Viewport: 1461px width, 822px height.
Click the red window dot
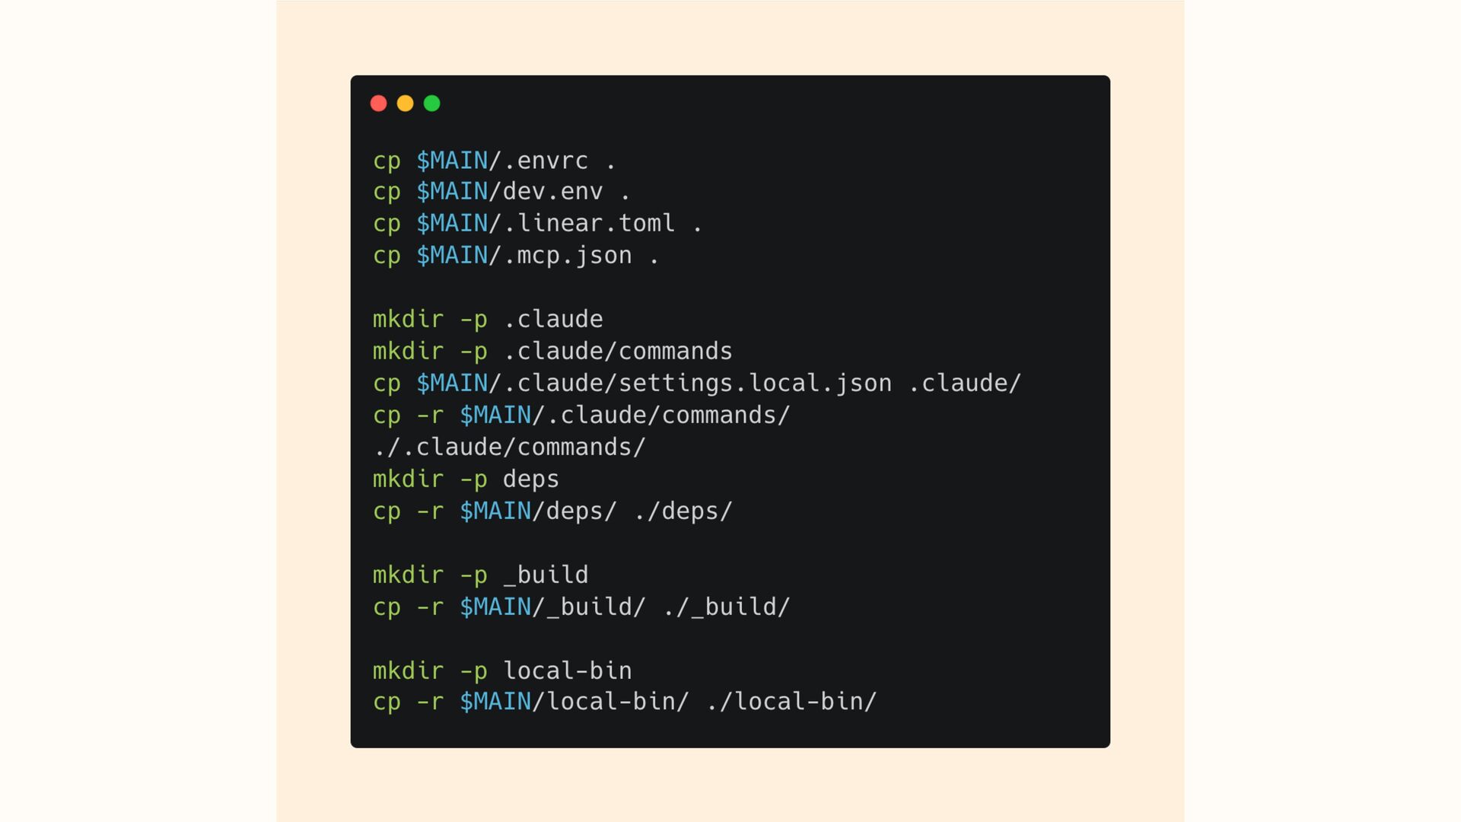point(378,104)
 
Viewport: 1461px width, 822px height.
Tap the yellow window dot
point(405,104)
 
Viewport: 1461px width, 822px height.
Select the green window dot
point(431,104)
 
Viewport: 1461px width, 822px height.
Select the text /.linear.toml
point(582,223)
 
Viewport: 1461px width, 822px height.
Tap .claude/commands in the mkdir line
point(617,351)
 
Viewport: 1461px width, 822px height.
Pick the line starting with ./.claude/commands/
point(509,447)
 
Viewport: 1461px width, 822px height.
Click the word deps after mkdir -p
point(530,479)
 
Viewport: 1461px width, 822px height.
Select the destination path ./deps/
point(683,511)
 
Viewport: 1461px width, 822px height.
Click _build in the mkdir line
point(546,575)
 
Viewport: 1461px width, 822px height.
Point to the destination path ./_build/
point(726,607)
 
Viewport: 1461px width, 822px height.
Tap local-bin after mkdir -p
point(567,671)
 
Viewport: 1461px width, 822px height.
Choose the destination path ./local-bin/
point(791,701)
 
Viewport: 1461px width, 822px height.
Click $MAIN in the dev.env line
point(452,191)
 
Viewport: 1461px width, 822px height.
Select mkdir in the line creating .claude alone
point(408,319)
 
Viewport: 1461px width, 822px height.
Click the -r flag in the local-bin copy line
point(430,701)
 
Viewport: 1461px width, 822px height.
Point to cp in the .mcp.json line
point(387,255)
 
